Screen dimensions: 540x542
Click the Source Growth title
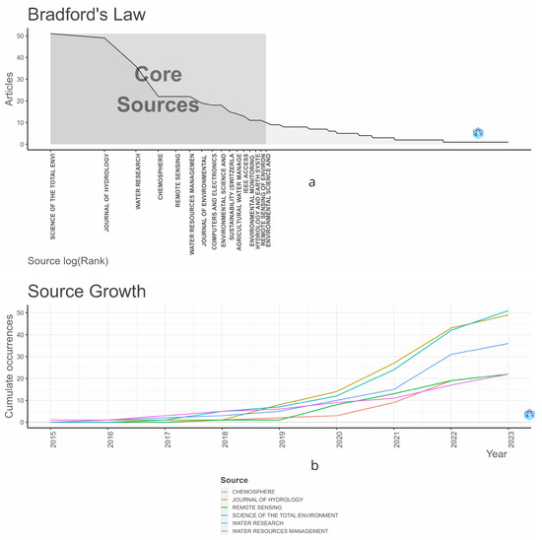coord(87,292)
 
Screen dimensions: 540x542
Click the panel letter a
coord(312,182)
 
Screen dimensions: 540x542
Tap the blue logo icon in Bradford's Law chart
coord(478,133)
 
